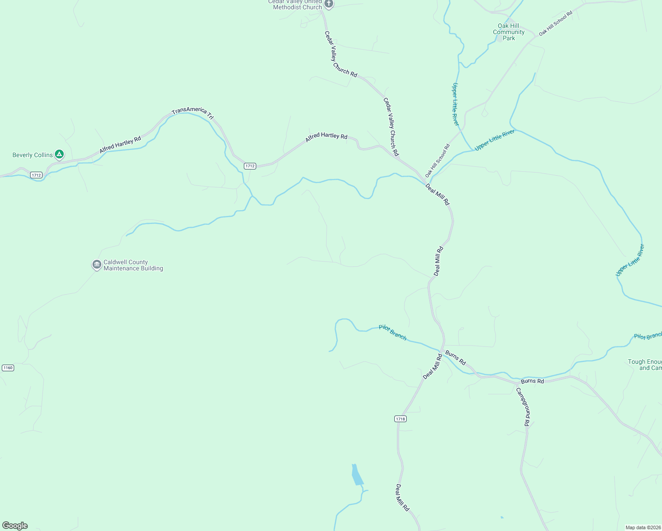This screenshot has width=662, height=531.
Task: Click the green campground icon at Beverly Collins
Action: pos(59,154)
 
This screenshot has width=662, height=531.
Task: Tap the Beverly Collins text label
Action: pos(32,155)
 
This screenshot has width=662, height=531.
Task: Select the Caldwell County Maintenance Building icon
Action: pos(96,265)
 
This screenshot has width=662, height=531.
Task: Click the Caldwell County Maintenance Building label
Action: pos(133,265)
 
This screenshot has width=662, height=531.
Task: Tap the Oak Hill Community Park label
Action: pos(508,32)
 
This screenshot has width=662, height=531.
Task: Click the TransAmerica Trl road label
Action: pos(193,112)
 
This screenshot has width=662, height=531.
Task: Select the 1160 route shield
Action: pos(8,368)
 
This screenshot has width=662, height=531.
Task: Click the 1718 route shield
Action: pos(400,419)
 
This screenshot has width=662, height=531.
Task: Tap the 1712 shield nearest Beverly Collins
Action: pos(36,175)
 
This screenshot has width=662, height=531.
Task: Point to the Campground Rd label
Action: pos(523,407)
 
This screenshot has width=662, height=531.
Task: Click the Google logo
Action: pos(15,526)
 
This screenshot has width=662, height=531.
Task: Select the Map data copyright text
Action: pos(643,527)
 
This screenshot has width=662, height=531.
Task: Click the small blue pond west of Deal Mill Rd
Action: pos(357,475)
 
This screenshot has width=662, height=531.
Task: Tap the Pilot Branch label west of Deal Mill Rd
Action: pos(393,332)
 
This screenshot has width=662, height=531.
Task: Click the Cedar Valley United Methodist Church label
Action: pos(295,4)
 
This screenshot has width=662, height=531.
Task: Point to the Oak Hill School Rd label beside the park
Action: pos(556,23)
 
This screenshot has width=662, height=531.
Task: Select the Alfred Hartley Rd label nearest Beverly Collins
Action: pos(120,145)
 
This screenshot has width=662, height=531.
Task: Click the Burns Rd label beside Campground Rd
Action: pos(532,381)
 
